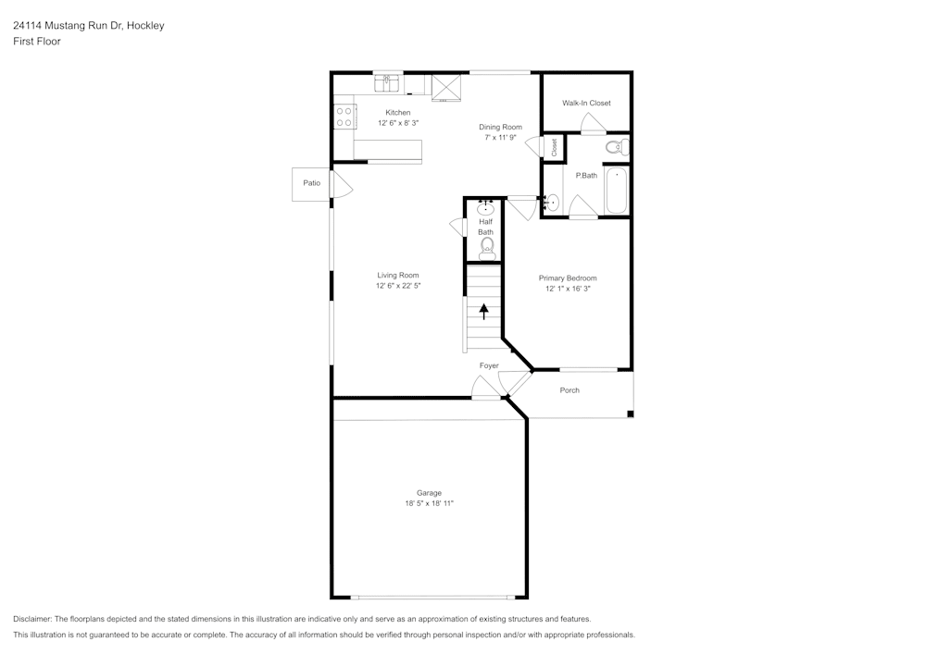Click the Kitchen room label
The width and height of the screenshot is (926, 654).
397,113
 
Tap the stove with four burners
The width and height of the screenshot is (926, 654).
344,117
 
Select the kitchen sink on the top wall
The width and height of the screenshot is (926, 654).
387,83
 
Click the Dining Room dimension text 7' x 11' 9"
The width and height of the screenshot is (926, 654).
500,138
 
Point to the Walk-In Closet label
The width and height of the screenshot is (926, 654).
586,104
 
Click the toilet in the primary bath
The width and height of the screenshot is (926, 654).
617,146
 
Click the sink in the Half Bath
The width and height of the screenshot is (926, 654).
485,207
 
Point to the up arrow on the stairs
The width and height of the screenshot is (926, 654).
484,312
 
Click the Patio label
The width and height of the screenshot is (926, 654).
311,183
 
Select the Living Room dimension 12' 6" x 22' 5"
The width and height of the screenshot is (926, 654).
398,286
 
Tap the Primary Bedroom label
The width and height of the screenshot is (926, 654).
568,278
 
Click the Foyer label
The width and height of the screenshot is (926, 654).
489,365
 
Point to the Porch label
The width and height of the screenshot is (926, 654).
569,390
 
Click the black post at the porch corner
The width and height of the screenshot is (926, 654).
630,414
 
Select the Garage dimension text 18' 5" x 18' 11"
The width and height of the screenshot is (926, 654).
430,503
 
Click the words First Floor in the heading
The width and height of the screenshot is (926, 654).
37,42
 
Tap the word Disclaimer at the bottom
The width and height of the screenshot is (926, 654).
31,619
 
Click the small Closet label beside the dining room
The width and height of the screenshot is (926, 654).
554,147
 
